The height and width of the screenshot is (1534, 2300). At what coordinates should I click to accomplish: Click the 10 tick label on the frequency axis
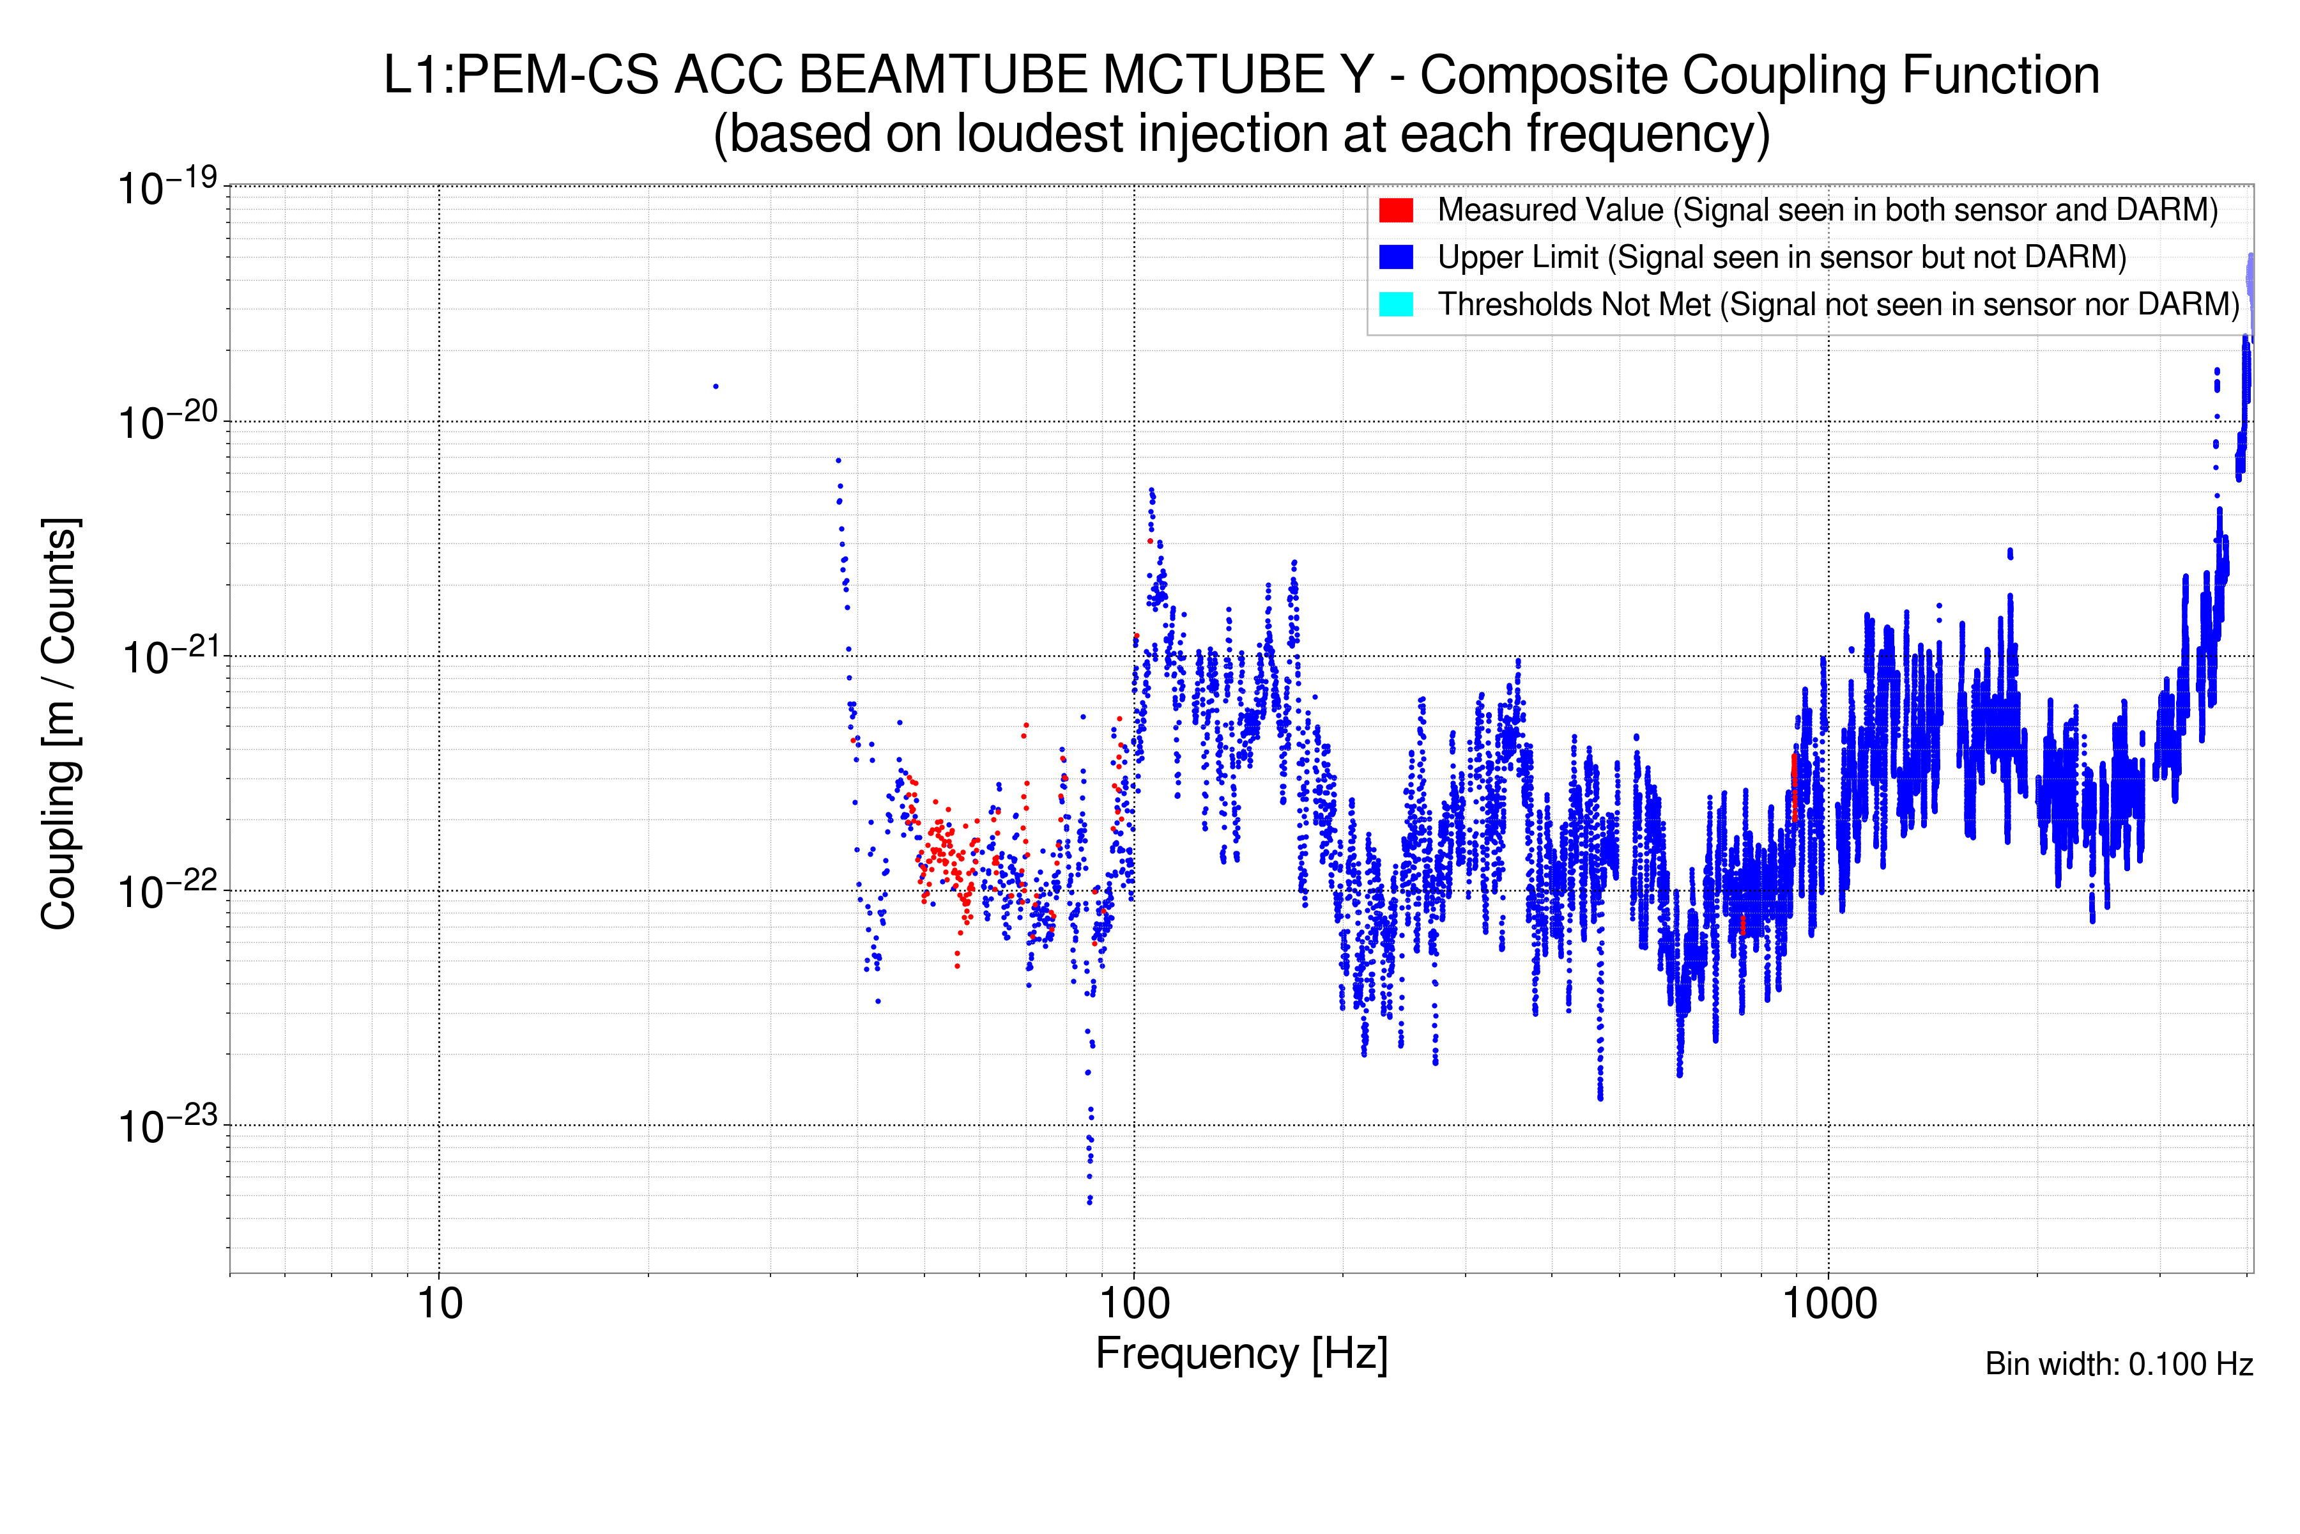[439, 1304]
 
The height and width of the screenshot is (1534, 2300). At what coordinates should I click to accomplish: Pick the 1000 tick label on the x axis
[1828, 1304]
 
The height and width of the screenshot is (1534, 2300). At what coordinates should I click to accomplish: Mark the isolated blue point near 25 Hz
[716, 387]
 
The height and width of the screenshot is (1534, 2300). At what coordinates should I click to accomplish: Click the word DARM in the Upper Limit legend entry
[2068, 258]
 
